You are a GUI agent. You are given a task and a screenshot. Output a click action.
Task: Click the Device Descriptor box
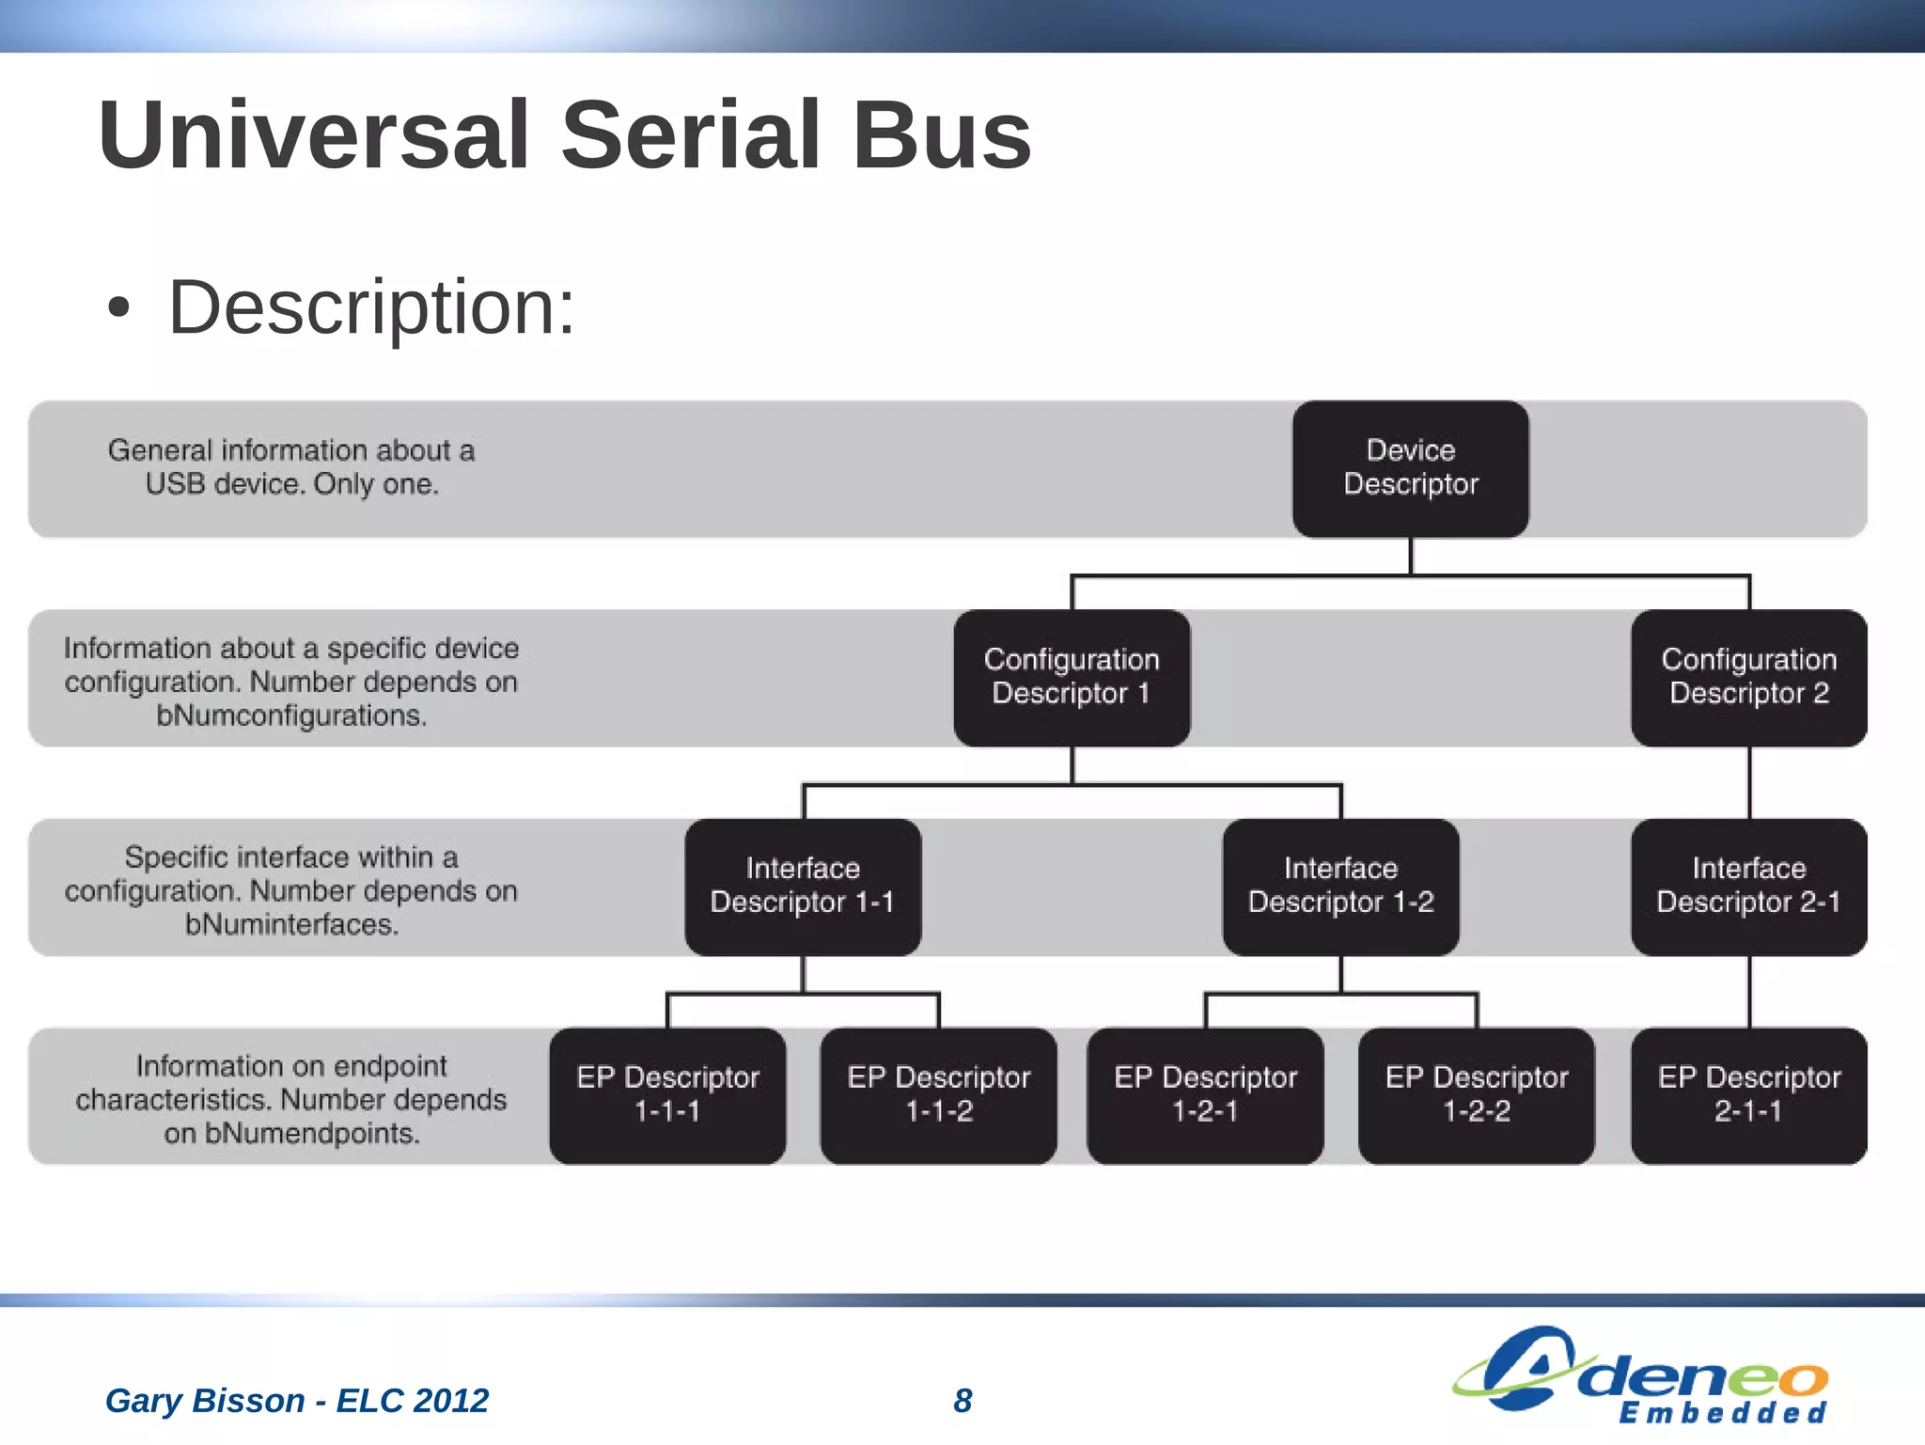click(1410, 468)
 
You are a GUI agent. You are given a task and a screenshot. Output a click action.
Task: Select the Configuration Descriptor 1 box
click(1072, 677)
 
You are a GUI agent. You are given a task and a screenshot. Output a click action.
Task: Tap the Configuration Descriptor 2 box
click(1748, 677)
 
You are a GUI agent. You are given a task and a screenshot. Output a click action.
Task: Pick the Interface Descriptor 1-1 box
click(803, 886)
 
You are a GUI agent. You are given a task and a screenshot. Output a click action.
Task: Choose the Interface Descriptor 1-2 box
click(1340, 886)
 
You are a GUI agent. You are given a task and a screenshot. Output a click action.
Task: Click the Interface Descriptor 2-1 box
click(1748, 886)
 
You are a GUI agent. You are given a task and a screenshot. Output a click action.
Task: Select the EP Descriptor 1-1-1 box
click(667, 1094)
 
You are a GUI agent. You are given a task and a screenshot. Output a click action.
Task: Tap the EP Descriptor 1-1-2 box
click(938, 1094)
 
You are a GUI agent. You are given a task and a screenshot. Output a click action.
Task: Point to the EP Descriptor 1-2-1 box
click(1205, 1094)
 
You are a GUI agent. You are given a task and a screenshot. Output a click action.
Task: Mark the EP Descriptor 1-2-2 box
click(1476, 1094)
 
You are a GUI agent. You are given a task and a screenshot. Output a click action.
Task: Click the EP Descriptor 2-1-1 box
click(1748, 1094)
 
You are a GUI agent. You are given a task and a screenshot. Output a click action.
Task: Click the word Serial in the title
click(691, 135)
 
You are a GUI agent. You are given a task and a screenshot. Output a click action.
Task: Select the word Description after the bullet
click(370, 307)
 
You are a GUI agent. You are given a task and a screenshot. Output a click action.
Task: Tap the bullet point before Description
click(117, 308)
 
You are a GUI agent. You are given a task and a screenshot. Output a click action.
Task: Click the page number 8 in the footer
click(962, 1400)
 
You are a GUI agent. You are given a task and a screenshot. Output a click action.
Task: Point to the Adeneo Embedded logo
click(1640, 1375)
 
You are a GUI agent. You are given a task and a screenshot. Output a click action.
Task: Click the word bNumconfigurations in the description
click(291, 715)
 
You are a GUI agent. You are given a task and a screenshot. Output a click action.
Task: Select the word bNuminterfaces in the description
click(291, 924)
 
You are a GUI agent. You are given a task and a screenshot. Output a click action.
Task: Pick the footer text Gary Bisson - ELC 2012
click(297, 1400)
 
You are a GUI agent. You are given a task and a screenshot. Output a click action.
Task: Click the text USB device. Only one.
click(291, 484)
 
